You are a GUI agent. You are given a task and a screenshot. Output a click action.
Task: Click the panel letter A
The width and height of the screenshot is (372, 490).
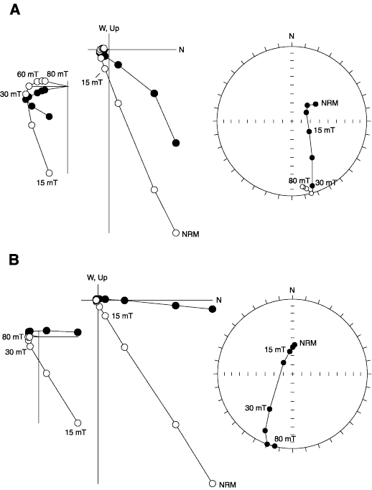[x=14, y=10]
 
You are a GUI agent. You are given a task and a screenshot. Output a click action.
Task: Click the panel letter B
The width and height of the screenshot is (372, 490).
[x=14, y=260]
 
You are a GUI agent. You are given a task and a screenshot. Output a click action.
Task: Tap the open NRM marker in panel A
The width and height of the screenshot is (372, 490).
[x=176, y=233]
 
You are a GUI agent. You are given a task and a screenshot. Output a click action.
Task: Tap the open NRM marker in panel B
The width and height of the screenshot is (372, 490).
[x=213, y=484]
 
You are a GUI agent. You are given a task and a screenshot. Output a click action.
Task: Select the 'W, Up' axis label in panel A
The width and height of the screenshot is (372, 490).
[x=109, y=29]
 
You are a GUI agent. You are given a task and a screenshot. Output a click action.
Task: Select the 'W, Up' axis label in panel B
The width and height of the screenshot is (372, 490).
[x=97, y=278]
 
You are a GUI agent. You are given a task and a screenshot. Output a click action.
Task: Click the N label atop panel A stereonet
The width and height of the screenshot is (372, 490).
[x=292, y=37]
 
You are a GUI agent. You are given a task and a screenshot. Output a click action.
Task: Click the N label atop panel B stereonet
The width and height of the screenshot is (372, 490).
[x=292, y=291]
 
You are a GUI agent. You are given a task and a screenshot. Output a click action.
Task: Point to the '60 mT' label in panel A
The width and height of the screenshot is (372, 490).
[x=27, y=75]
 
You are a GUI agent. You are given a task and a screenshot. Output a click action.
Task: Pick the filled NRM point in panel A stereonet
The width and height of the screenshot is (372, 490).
[x=315, y=104]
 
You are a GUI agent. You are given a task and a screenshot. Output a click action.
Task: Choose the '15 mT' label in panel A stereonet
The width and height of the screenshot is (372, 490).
[x=324, y=130]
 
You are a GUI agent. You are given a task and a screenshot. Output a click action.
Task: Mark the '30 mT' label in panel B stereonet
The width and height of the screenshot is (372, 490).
[x=256, y=407]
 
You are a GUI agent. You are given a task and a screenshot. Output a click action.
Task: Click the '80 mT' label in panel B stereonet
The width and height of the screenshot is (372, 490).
[x=285, y=439]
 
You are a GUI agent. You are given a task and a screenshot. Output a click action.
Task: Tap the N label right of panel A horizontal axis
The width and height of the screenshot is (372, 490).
[x=182, y=50]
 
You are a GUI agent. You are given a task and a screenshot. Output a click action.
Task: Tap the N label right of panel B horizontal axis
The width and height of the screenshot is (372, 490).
[x=219, y=300]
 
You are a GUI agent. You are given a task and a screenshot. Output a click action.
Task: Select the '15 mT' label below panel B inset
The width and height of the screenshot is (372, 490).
[x=75, y=433]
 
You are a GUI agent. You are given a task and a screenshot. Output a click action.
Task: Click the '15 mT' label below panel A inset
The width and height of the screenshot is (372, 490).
[x=47, y=183]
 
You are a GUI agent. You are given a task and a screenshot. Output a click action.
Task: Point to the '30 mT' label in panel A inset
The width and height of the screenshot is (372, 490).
[x=11, y=94]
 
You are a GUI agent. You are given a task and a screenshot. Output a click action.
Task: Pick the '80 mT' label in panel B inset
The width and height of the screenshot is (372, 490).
[x=12, y=337]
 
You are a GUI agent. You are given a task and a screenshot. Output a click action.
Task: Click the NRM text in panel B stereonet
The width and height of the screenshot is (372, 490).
[x=308, y=343]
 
